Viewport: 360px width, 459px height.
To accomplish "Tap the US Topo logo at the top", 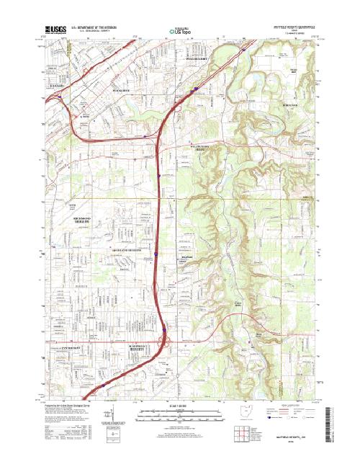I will click(x=182, y=31).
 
